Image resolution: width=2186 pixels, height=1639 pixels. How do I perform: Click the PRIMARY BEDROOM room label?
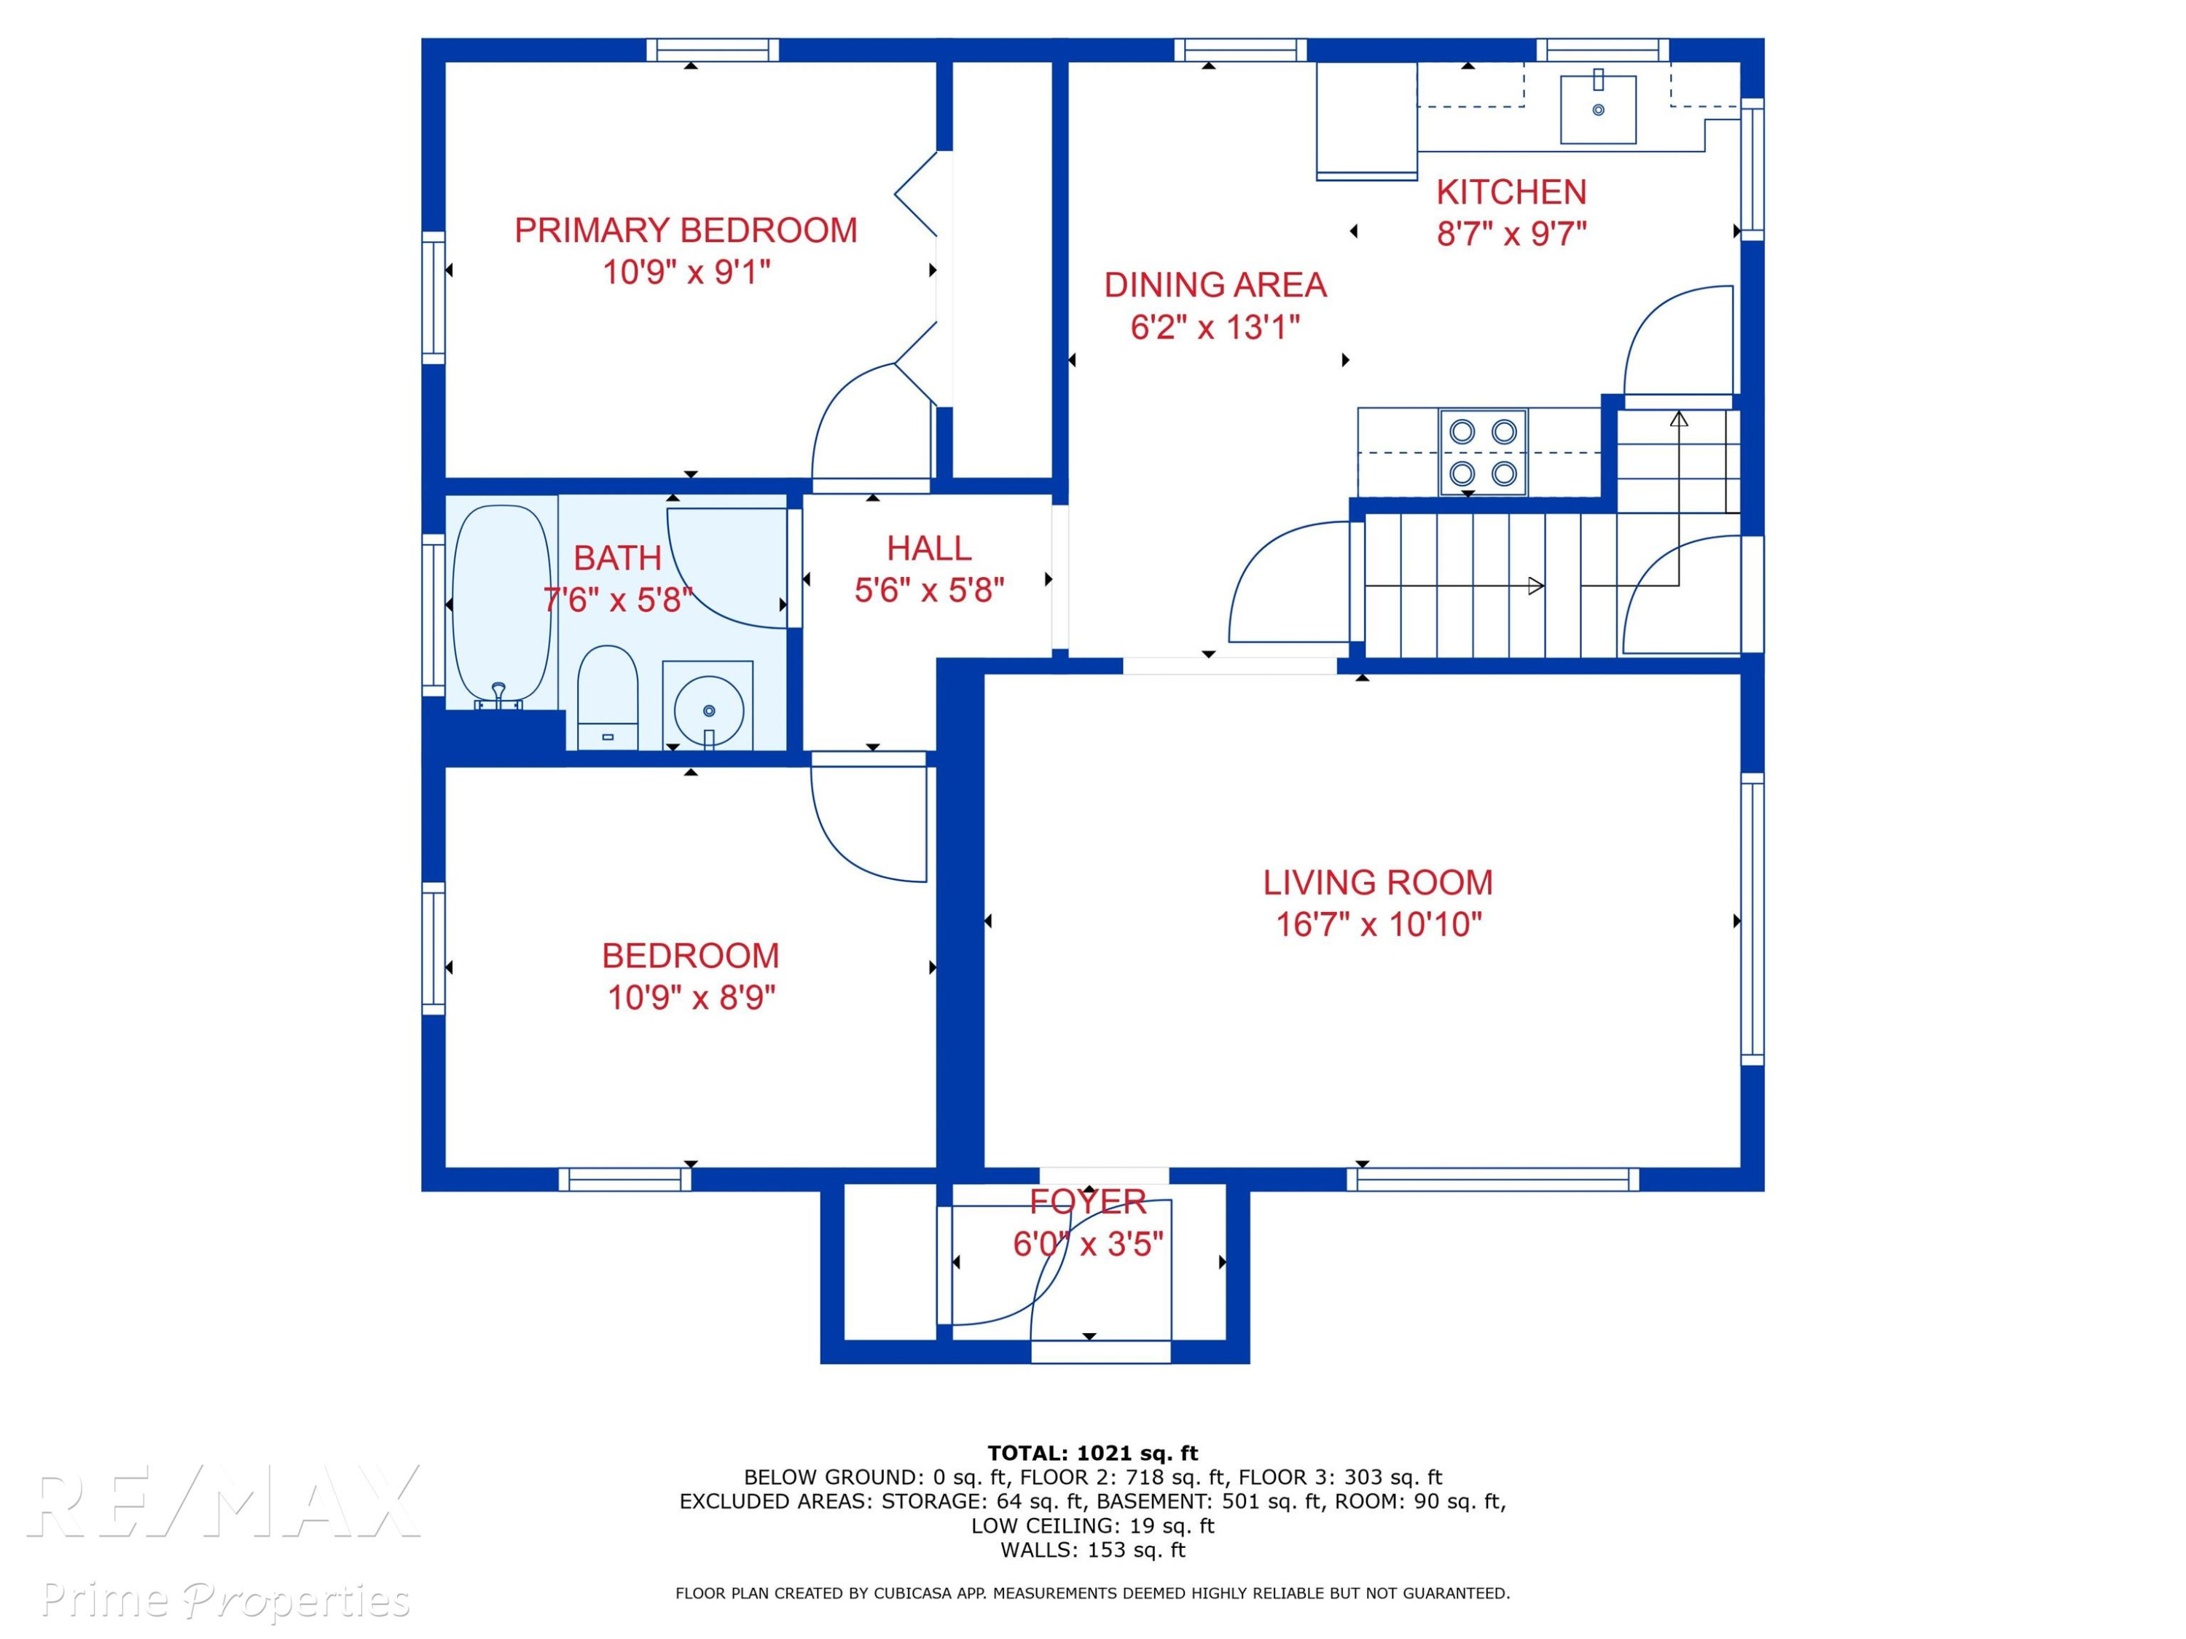tap(686, 230)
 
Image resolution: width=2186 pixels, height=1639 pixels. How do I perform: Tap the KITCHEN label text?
tap(1511, 192)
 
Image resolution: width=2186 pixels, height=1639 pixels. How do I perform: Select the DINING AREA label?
tap(1215, 285)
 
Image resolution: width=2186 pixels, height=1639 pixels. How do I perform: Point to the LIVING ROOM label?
tap(1378, 882)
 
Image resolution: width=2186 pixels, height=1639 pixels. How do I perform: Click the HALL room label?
tap(929, 549)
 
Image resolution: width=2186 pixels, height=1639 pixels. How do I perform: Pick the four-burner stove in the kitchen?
tap(1484, 452)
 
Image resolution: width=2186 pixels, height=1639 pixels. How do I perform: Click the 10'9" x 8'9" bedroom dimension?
tap(691, 998)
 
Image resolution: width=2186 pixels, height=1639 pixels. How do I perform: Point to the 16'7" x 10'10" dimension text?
tap(1379, 924)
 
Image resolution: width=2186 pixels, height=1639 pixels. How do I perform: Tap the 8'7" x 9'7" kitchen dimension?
tap(1511, 234)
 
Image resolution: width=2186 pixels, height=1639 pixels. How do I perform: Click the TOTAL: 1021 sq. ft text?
tap(1092, 1453)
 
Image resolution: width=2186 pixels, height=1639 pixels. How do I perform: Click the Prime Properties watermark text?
tap(225, 1600)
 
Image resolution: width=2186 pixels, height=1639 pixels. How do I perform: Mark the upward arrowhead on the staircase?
tap(1678, 419)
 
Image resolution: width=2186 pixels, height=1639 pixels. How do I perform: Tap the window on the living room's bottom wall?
tap(1492, 1179)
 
